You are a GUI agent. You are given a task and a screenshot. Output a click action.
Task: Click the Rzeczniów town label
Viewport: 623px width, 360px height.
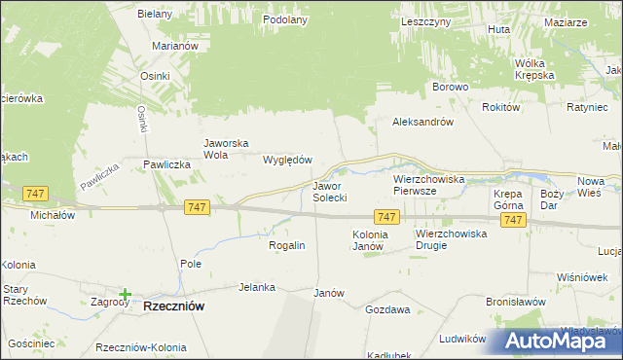pyautogui.click(x=173, y=306)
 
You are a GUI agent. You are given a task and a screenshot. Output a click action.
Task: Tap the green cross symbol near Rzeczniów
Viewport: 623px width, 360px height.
pyautogui.click(x=126, y=294)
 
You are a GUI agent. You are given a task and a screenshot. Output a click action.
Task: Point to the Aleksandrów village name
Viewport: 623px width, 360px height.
pyautogui.click(x=423, y=123)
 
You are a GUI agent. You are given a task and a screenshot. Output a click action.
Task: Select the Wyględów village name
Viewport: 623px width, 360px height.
pyautogui.click(x=288, y=160)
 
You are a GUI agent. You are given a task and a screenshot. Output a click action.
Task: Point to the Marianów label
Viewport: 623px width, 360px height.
pyautogui.click(x=175, y=46)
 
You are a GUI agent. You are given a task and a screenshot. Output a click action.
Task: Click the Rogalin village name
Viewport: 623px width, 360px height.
pyautogui.click(x=287, y=245)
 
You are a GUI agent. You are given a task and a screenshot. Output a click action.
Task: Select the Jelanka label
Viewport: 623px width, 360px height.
pyautogui.click(x=258, y=287)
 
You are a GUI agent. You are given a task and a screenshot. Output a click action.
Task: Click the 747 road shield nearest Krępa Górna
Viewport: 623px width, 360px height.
pyautogui.click(x=514, y=221)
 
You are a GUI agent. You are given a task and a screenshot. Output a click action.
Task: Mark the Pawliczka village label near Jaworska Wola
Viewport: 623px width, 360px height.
pyautogui.click(x=165, y=165)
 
